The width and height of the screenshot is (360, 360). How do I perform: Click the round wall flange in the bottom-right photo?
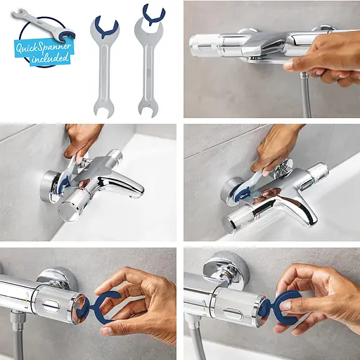[x=225, y=268]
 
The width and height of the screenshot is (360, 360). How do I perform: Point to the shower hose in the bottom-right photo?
[x=199, y=345]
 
